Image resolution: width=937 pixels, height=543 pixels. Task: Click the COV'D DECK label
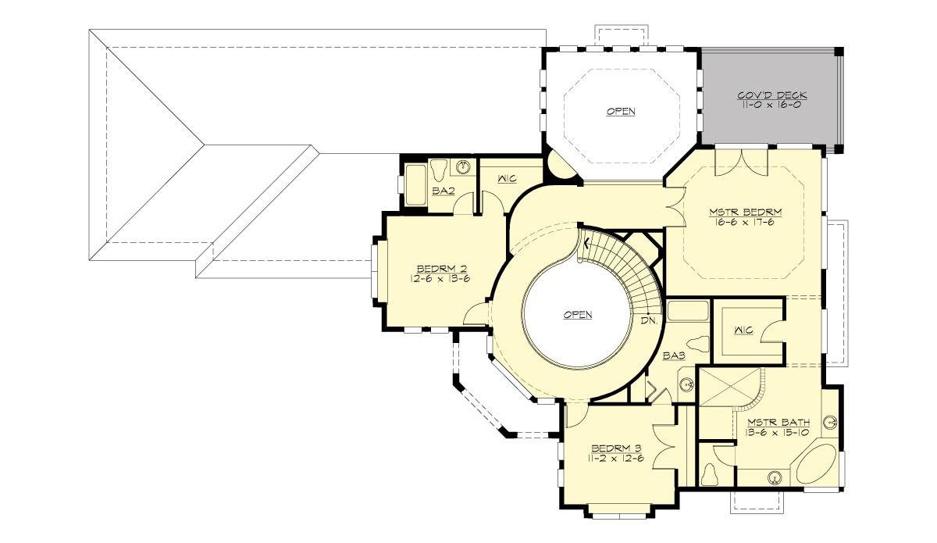click(771, 95)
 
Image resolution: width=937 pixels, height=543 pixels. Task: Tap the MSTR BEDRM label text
click(745, 211)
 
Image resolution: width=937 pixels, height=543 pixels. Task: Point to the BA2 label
click(444, 190)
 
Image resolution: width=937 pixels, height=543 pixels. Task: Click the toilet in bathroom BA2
click(439, 168)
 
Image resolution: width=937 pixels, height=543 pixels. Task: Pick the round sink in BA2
click(465, 167)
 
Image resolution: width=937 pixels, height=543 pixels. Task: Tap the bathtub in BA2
click(415, 186)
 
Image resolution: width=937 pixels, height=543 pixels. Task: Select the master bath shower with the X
click(727, 387)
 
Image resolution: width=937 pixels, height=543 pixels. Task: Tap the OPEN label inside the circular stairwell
click(577, 315)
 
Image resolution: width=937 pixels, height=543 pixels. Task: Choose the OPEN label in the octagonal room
click(621, 112)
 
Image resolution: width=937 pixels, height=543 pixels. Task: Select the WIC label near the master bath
click(743, 330)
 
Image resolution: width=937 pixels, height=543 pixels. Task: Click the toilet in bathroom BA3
click(697, 343)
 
